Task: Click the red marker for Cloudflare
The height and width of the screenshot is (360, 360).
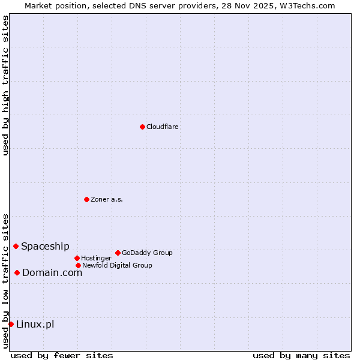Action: (x=142, y=127)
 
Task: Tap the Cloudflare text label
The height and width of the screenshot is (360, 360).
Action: (x=162, y=127)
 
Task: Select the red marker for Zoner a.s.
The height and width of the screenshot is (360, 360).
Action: (x=86, y=199)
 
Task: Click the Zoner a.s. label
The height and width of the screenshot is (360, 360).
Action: (x=107, y=199)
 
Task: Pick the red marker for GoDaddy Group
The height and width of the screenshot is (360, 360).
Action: (x=118, y=253)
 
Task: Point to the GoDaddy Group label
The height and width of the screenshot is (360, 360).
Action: (x=147, y=253)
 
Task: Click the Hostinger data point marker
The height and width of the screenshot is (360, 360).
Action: (x=77, y=258)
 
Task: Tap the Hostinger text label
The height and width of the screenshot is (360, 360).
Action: (x=96, y=259)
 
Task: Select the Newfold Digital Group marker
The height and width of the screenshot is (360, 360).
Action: (x=78, y=265)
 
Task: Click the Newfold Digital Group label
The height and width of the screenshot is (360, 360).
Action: (x=117, y=265)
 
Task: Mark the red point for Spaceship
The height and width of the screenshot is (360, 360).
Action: (x=16, y=246)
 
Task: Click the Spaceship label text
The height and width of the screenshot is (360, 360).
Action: (x=45, y=246)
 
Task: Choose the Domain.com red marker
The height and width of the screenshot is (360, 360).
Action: (x=17, y=272)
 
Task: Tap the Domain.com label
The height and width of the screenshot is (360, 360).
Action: (x=52, y=272)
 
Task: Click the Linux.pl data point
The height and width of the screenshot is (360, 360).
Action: (x=11, y=324)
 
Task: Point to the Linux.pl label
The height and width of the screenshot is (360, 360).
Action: (x=35, y=325)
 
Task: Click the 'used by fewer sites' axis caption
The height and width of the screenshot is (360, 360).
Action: (x=62, y=355)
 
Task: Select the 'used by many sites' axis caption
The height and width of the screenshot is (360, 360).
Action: (x=301, y=355)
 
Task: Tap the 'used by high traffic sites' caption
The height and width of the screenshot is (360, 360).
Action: (x=5, y=85)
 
